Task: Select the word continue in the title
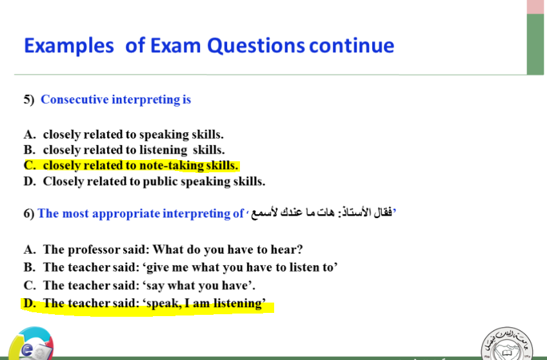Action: (352, 46)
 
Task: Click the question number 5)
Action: (29, 100)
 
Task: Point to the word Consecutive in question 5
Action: (75, 99)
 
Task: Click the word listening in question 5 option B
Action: (163, 150)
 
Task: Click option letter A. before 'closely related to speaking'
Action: (30, 134)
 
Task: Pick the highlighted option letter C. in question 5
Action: (30, 165)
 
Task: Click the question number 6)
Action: (29, 214)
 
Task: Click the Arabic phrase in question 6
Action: (321, 212)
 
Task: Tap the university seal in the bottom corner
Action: (507, 344)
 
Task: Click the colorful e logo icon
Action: (32, 344)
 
